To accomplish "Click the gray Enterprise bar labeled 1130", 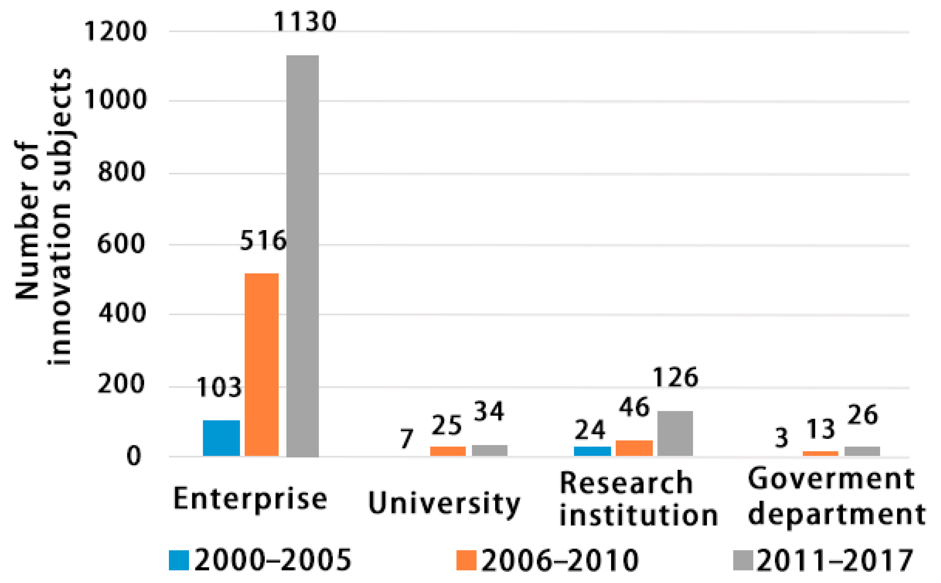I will [x=302, y=255].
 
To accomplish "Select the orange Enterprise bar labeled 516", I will [x=262, y=364].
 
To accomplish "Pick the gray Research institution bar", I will [x=675, y=433].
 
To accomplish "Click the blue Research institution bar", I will [x=592, y=451].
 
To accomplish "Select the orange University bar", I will [x=448, y=451].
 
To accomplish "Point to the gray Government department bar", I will [x=862, y=451].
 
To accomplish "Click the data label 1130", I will [x=305, y=21].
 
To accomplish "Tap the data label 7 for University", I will [x=406, y=438].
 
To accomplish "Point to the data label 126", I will [x=676, y=377].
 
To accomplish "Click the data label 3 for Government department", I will [x=781, y=438].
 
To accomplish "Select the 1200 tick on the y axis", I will [x=115, y=31].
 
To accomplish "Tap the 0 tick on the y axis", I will [x=134, y=456].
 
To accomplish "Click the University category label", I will [x=444, y=503].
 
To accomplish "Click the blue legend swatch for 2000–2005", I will [x=179, y=560].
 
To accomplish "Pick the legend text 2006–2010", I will [x=560, y=560].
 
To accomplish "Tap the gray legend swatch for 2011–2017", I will [x=743, y=560].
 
